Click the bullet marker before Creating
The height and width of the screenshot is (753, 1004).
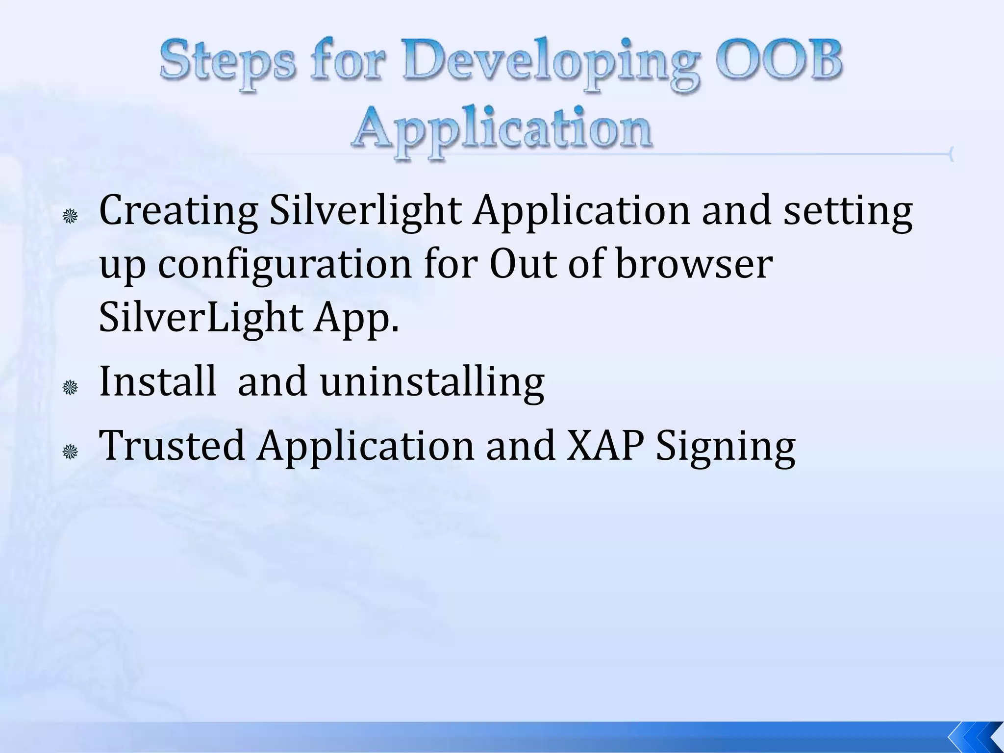coord(71,216)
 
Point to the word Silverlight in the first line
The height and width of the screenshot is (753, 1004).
coord(365,211)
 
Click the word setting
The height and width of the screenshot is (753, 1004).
coord(848,211)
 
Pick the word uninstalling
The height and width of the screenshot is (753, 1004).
coord(432,382)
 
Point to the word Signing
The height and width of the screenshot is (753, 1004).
coord(726,446)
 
